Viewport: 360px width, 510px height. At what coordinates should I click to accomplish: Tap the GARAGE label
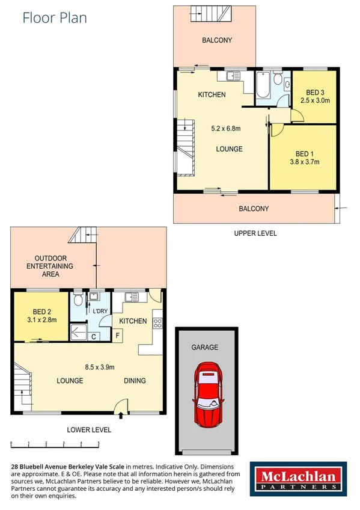coord(204,347)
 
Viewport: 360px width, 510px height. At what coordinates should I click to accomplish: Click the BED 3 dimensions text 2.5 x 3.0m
coord(315,100)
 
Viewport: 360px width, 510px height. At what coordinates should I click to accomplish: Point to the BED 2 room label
coord(41,312)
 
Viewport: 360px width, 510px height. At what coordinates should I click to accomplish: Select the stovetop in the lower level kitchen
coord(158,322)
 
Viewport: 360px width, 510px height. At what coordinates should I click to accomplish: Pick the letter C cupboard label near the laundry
coord(94,336)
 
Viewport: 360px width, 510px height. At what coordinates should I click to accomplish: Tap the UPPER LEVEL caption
coord(255,233)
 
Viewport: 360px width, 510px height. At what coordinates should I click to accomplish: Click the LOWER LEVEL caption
coord(90,430)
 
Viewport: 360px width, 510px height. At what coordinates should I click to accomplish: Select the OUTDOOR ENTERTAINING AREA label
coord(53,266)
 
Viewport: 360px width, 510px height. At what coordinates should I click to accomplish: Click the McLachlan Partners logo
coord(297,480)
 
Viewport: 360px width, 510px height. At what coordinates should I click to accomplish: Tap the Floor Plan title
coord(55,17)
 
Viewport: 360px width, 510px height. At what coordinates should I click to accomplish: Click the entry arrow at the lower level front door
coord(122,414)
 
